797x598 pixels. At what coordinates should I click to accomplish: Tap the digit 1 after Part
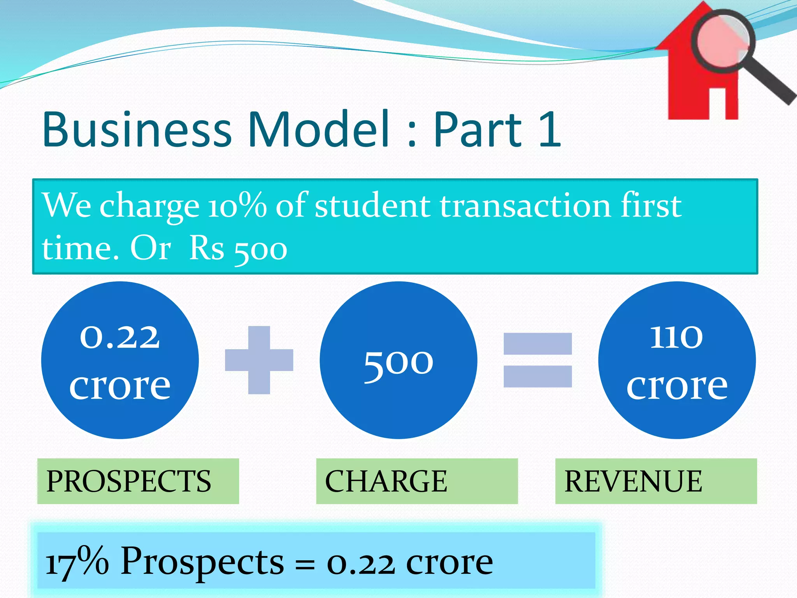coord(550,129)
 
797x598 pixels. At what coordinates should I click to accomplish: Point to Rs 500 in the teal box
coord(238,249)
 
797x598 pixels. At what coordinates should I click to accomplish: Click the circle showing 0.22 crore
coord(120,360)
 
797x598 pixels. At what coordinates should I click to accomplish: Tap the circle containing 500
coord(398,360)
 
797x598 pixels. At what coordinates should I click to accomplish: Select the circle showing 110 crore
coord(677,360)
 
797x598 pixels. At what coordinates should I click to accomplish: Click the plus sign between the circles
coord(259,360)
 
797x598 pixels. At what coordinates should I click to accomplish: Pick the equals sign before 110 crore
coord(537,360)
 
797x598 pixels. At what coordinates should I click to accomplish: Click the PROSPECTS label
coord(129,482)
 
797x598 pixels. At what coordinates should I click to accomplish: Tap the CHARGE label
coord(386,482)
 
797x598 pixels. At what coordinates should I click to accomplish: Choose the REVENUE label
coord(633,482)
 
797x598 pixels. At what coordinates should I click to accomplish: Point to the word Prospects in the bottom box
coord(202,562)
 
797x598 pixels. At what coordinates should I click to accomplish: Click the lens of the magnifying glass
coord(723,41)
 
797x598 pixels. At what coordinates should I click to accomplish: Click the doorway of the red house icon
coord(717,104)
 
